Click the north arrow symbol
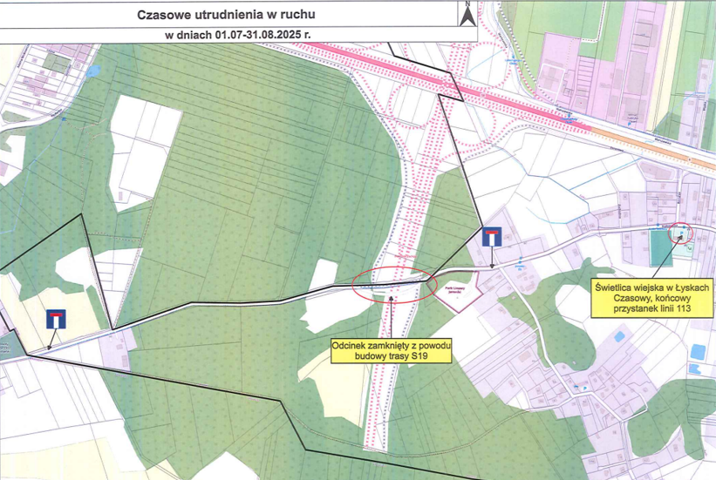(x=467, y=15)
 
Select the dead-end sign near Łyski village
(x=492, y=237)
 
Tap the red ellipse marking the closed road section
(x=394, y=284)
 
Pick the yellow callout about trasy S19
(x=392, y=351)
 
